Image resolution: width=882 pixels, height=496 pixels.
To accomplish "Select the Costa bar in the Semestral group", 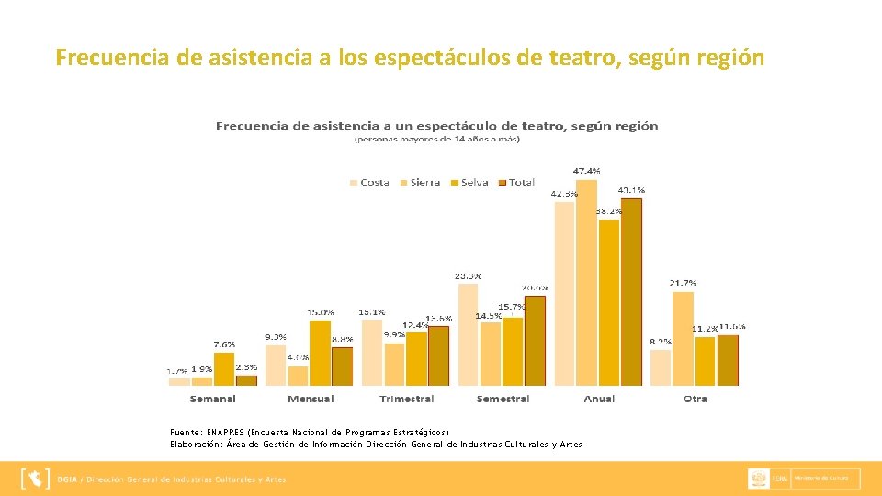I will click(468, 334).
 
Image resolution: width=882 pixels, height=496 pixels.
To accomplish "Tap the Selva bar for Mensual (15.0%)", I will click(320, 353).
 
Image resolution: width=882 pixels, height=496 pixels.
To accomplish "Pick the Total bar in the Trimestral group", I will click(439, 355).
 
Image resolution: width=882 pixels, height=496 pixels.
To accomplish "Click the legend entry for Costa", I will click(369, 182).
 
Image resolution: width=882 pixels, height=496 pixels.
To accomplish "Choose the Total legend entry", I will click(516, 182).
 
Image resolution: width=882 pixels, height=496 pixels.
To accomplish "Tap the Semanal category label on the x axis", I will click(213, 399).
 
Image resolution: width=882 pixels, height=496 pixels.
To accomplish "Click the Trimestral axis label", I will click(406, 399).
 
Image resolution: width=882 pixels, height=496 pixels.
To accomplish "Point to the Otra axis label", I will click(695, 399).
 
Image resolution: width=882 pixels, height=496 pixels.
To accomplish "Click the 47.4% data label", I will click(587, 171).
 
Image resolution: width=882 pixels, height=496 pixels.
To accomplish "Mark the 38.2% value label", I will click(608, 210).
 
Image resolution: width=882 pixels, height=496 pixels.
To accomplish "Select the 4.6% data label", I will click(299, 356).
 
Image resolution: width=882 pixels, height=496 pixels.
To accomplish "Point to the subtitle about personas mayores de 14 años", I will click(437, 140).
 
